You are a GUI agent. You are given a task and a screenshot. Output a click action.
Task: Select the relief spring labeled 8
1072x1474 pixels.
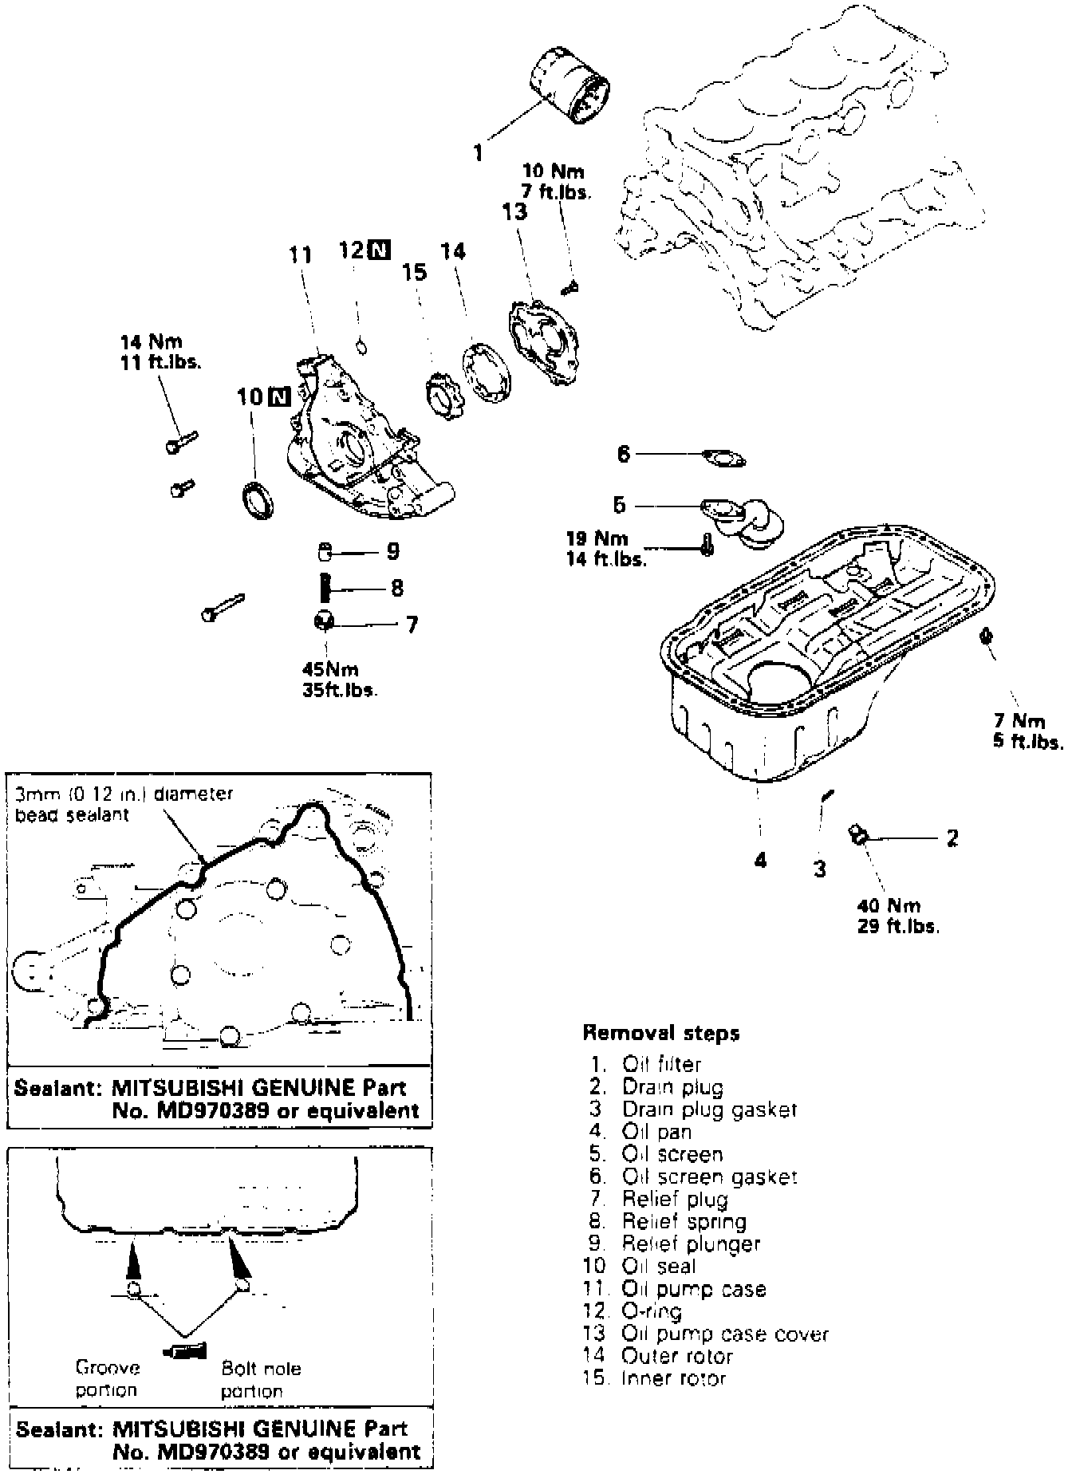pyautogui.click(x=325, y=588)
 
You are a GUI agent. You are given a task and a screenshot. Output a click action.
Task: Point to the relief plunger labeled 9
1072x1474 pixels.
pyautogui.click(x=325, y=550)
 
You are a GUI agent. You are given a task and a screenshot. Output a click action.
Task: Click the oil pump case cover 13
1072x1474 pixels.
pyautogui.click(x=546, y=342)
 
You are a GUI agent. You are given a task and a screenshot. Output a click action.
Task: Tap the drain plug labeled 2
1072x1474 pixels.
pyautogui.click(x=859, y=835)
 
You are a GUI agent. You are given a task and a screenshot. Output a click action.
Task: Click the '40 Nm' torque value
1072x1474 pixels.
pyautogui.click(x=889, y=905)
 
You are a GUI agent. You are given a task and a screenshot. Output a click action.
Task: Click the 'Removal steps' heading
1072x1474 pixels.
pyautogui.click(x=661, y=1033)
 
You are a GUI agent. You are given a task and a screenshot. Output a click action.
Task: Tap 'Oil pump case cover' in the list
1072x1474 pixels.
pyautogui.click(x=725, y=1334)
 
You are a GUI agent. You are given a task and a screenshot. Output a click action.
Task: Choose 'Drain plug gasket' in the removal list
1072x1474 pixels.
pyautogui.click(x=709, y=1109)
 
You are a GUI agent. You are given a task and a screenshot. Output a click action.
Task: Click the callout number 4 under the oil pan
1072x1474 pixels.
pyautogui.click(x=760, y=859)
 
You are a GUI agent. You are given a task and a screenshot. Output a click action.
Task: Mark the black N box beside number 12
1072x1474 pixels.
pyautogui.click(x=380, y=250)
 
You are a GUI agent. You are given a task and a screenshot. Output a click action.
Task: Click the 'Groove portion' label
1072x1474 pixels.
pyautogui.click(x=108, y=1378)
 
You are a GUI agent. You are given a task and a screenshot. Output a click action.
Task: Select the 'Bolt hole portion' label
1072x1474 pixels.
pyautogui.click(x=261, y=1379)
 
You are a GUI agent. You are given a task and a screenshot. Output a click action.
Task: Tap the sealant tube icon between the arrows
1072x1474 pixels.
pyautogui.click(x=184, y=1350)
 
